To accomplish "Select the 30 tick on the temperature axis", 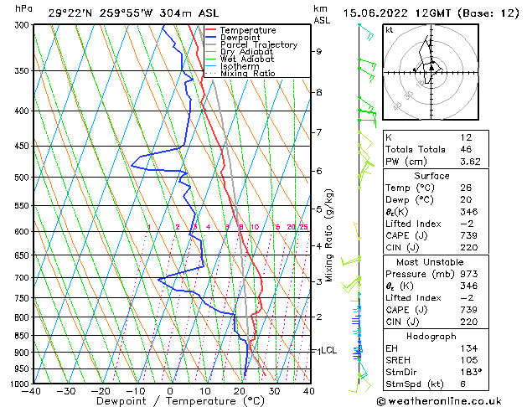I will click(x=273, y=390).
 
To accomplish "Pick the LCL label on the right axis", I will click(x=328, y=350).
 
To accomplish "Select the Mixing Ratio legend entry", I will click(x=247, y=74).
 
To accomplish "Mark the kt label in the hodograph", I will click(x=390, y=30).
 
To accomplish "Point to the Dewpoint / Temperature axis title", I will click(x=171, y=401).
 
